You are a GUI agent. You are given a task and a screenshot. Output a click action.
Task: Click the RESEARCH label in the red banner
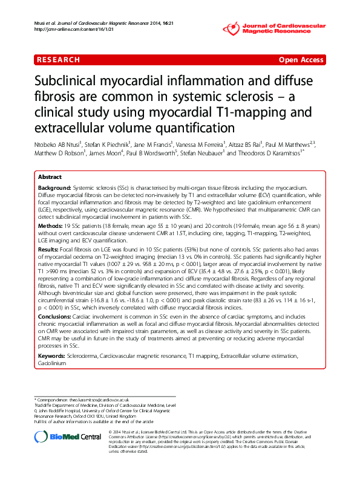(59, 60)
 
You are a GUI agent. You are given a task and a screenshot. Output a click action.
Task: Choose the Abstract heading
(50, 177)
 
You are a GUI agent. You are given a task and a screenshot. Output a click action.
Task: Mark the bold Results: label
(48, 248)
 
